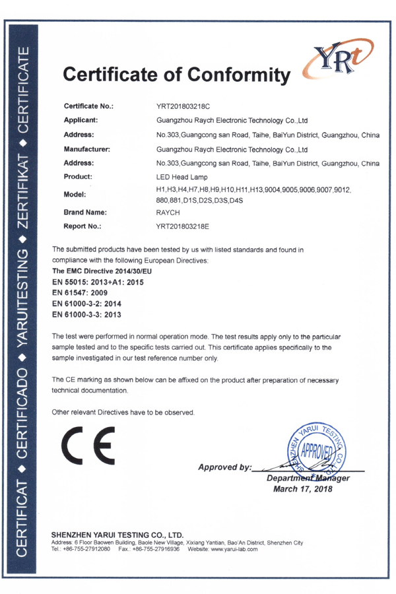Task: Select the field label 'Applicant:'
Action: pyautogui.click(x=81, y=120)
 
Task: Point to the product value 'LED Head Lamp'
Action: pyautogui.click(x=181, y=177)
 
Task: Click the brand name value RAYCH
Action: pyautogui.click(x=168, y=213)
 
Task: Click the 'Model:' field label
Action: pyautogui.click(x=76, y=195)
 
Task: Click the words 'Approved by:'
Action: pyautogui.click(x=224, y=467)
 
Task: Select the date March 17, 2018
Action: pyautogui.click(x=303, y=490)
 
